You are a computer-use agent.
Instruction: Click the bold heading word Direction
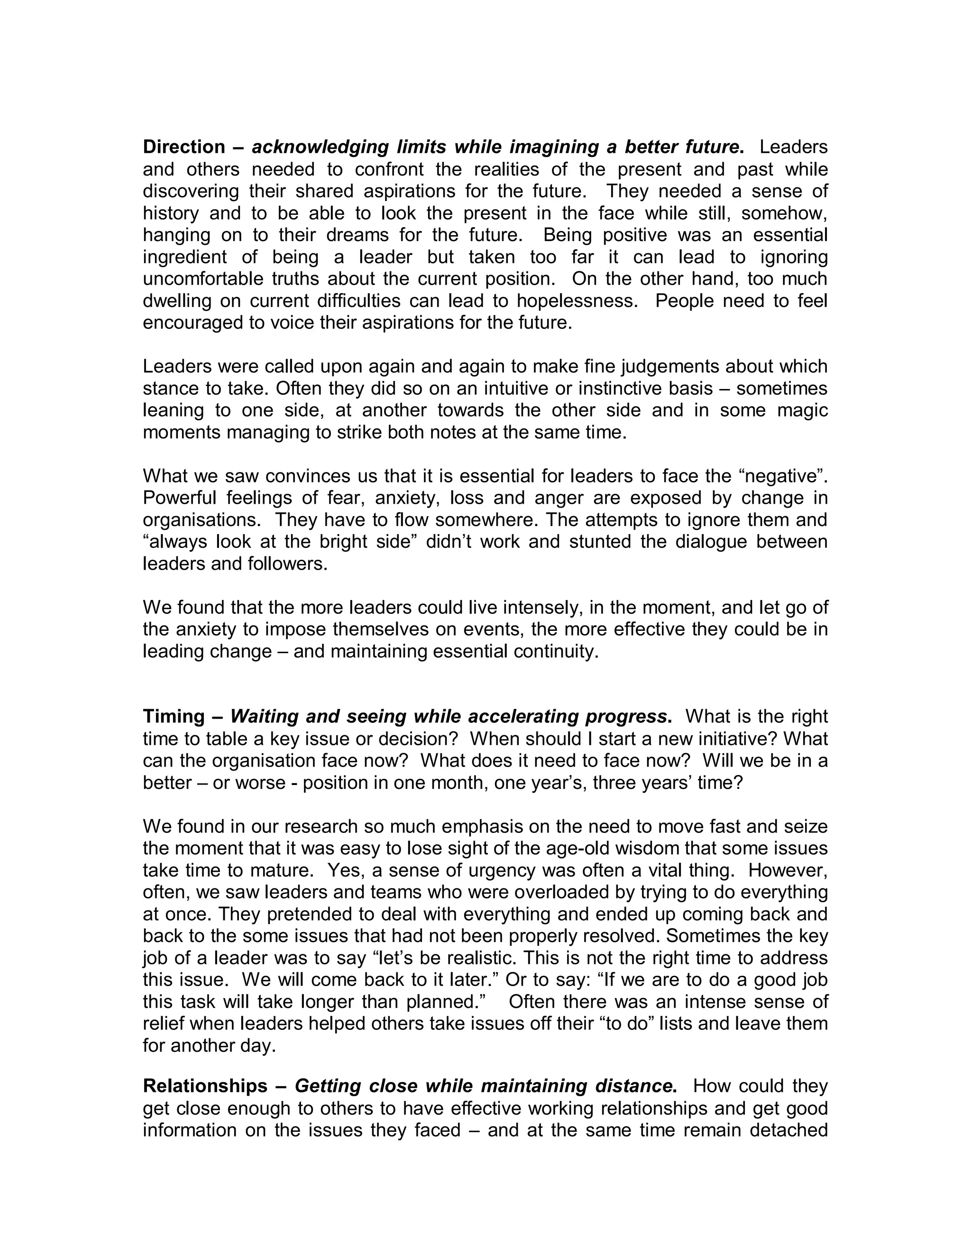(x=183, y=148)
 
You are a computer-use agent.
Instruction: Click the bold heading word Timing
(x=174, y=717)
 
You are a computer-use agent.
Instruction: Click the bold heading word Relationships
(x=205, y=1086)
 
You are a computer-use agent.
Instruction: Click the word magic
(x=801, y=410)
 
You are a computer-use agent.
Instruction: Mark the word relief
(x=164, y=1024)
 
